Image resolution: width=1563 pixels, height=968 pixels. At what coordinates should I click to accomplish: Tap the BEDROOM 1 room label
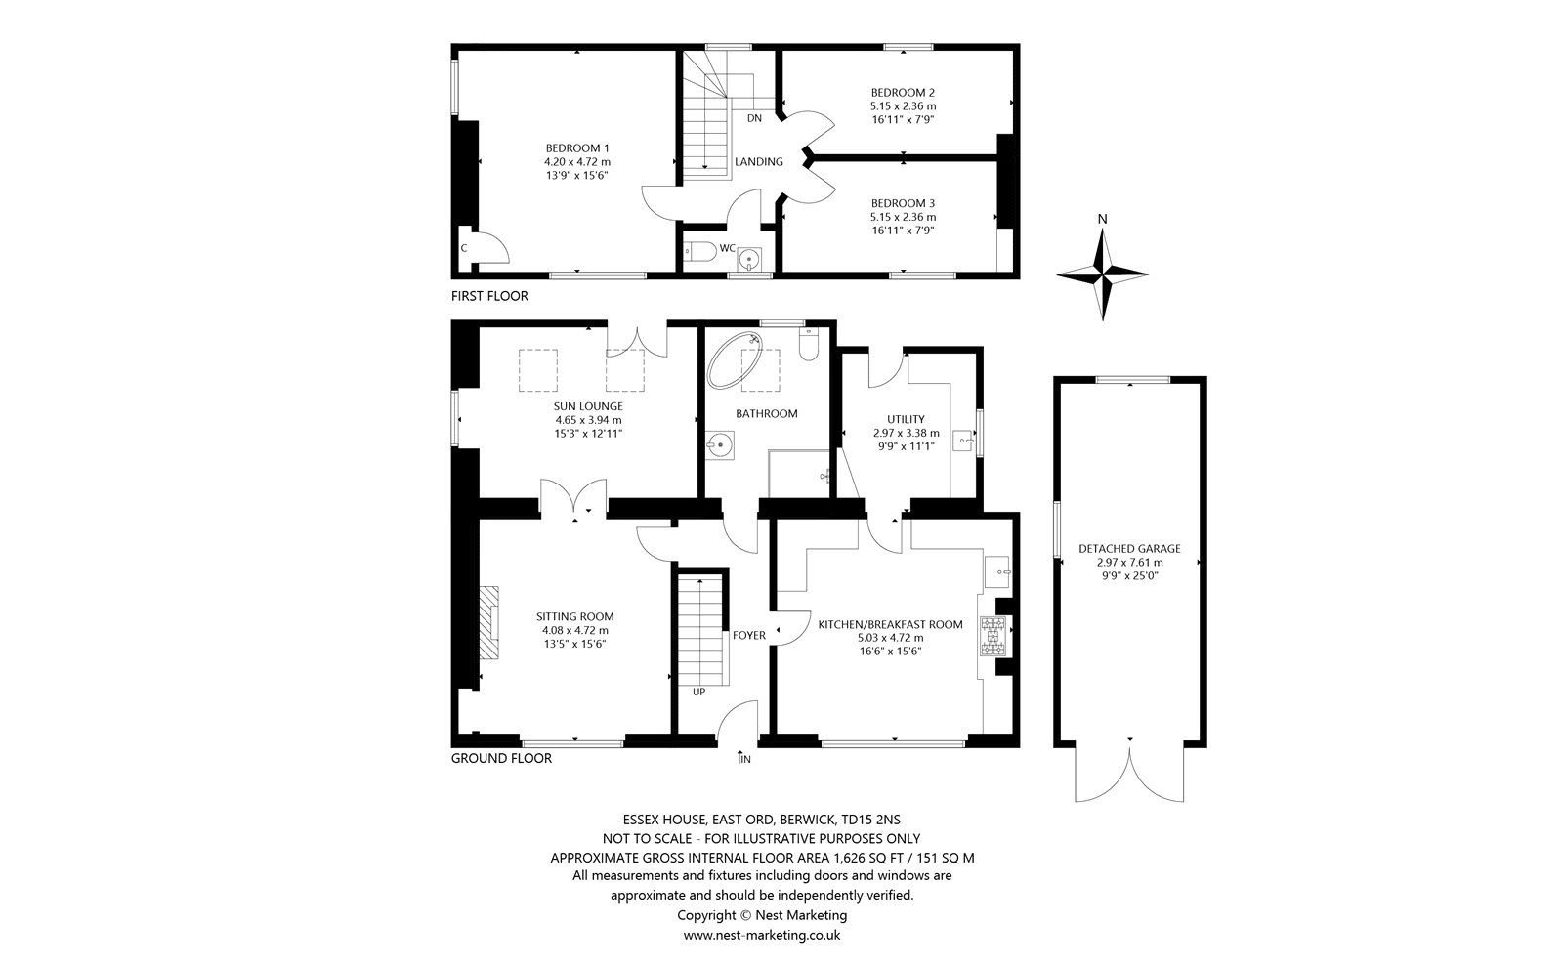coord(577,147)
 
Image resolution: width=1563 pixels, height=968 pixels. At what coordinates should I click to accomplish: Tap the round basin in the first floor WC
coord(750,259)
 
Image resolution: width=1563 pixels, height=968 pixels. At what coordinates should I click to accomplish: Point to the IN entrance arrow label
coord(745,759)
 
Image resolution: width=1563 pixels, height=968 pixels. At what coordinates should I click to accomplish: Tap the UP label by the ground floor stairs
coord(698,692)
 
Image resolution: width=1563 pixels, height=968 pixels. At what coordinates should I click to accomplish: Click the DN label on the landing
coord(754,118)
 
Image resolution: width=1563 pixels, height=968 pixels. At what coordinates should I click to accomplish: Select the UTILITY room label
coord(905,419)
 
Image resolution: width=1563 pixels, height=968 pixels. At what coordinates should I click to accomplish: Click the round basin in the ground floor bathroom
coord(720,446)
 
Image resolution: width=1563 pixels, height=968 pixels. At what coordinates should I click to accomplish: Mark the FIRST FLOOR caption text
coord(488,296)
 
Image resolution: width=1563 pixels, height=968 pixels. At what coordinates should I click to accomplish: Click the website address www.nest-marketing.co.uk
coord(761,935)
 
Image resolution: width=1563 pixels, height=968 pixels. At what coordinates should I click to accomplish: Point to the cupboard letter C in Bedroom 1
coord(464,248)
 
